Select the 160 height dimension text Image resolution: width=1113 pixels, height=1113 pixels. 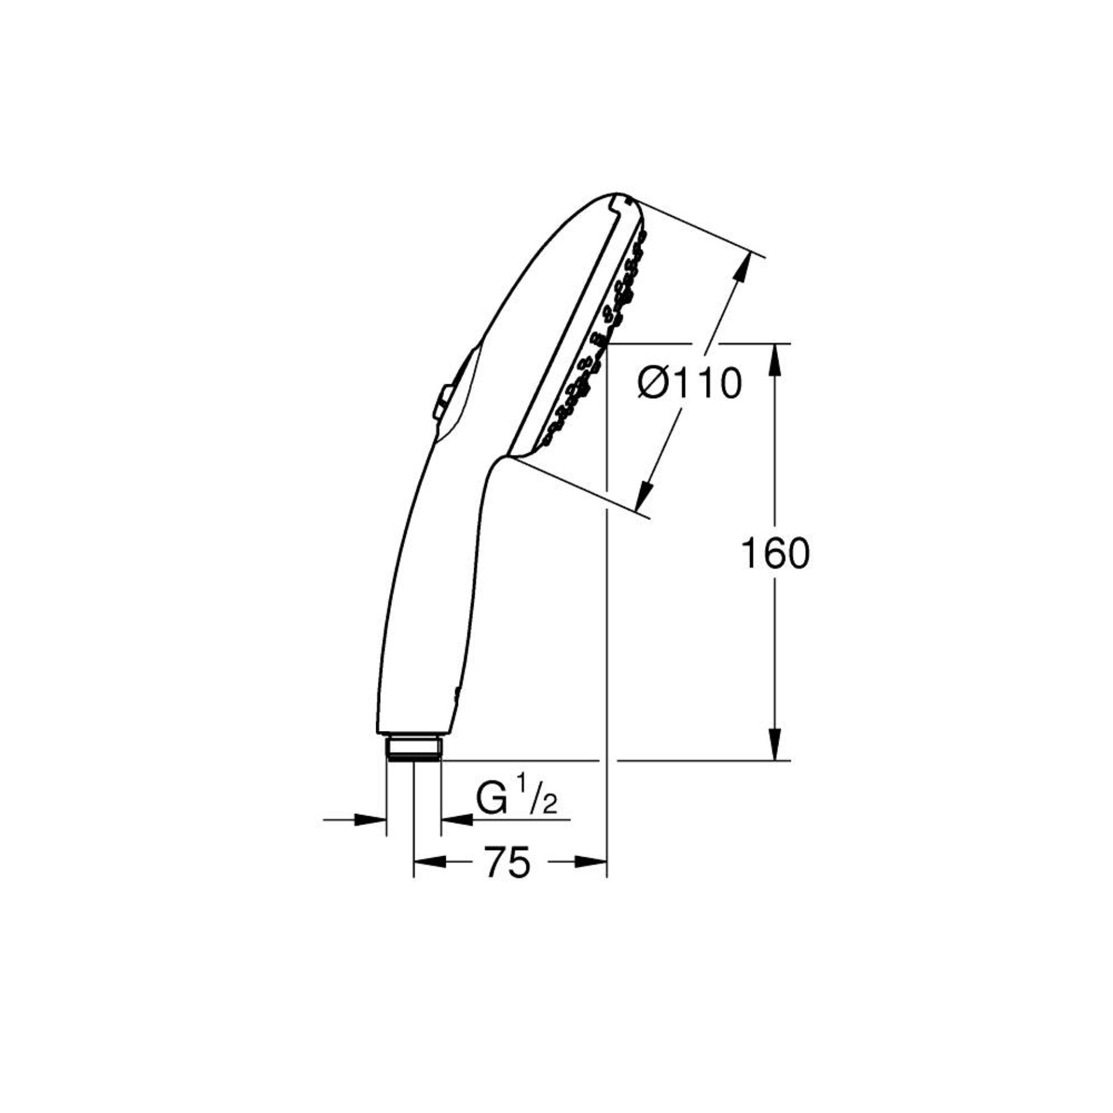774,554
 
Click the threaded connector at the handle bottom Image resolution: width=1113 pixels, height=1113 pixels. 414,748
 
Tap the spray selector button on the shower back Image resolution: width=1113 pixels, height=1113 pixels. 442,401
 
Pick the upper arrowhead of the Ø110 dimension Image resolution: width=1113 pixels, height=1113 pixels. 744,268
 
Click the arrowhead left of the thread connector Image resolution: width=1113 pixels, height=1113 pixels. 370,820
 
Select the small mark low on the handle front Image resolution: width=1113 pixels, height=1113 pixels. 456,693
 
